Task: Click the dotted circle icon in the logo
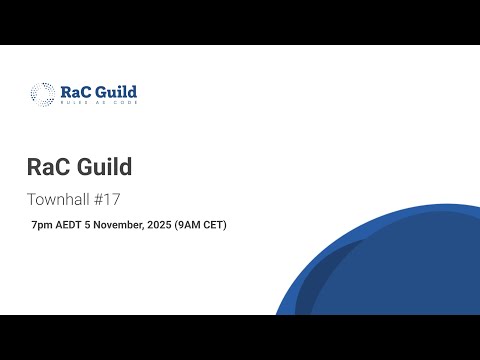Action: click(x=42, y=94)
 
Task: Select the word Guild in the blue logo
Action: click(x=116, y=91)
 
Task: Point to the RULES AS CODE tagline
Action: click(x=97, y=103)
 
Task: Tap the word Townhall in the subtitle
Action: click(x=61, y=198)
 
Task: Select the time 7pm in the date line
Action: click(x=42, y=225)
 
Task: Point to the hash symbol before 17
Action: click(x=103, y=198)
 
